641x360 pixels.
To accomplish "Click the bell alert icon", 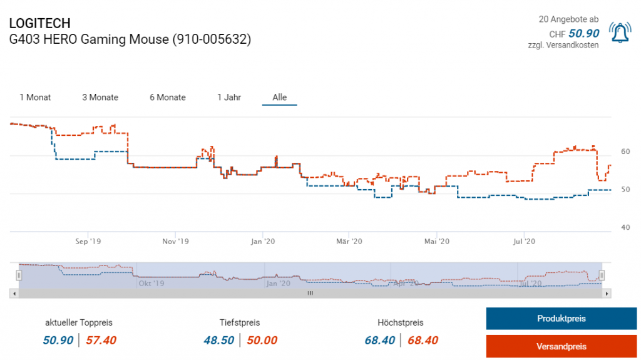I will [621, 33].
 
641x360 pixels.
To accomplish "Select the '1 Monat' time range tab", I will [35, 97].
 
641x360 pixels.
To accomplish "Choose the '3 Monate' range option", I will [100, 97].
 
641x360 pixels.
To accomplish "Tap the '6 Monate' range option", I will [168, 97].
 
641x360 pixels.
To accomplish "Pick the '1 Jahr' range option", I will [229, 97].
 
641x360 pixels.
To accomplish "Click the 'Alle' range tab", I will [280, 97].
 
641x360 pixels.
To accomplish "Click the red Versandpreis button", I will [562, 346].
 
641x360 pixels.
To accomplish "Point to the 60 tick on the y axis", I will [625, 152].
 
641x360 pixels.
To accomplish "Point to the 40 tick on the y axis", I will [625, 227].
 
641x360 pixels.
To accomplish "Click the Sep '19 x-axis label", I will [88, 240].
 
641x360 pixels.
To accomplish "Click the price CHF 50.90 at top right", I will [583, 33].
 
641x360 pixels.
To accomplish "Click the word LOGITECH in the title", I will [39, 23].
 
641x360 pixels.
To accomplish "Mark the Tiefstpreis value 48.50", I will [219, 340].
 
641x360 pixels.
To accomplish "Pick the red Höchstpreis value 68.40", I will [423, 340].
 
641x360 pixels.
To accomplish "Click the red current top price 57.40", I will [101, 340].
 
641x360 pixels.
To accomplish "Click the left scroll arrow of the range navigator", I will [13, 293].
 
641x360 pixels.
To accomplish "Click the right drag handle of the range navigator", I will [602, 275].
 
